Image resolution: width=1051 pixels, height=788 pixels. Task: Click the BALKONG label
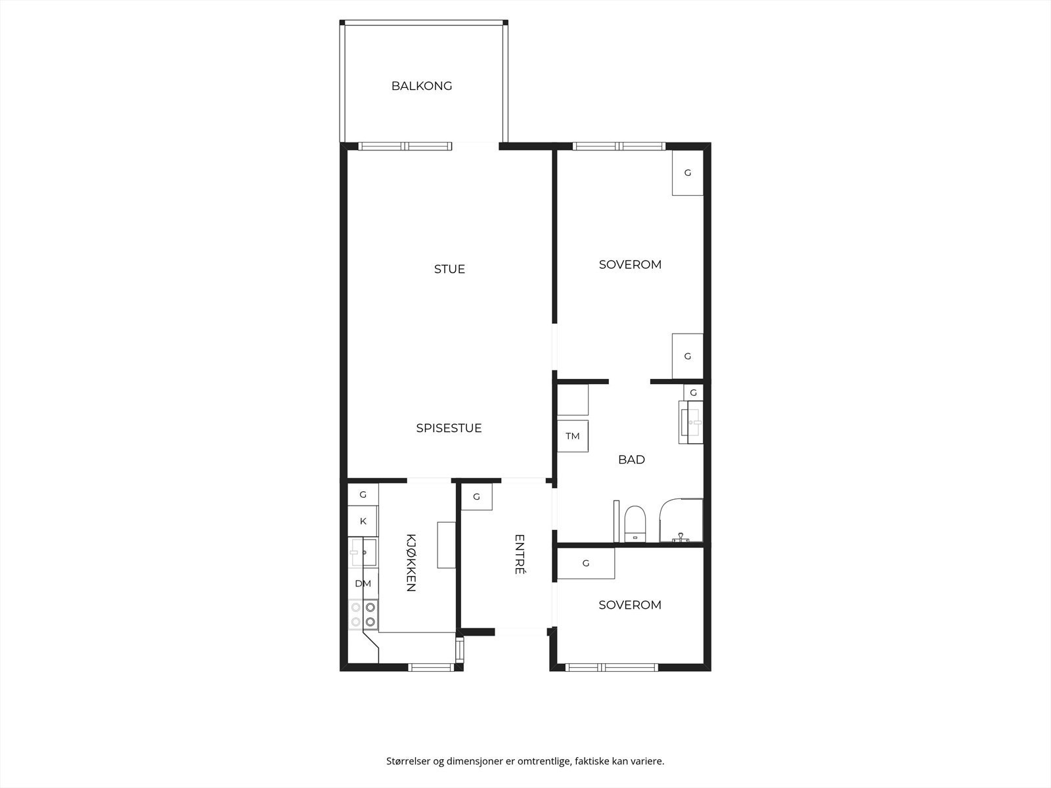tap(422, 86)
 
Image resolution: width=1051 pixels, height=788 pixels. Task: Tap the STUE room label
tap(449, 269)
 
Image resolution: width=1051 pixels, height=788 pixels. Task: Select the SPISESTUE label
tap(449, 428)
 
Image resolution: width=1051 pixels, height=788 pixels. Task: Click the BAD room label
tap(631, 460)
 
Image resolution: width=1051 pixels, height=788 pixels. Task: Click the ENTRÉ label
tap(519, 555)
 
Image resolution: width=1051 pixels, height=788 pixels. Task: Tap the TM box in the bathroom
tap(573, 436)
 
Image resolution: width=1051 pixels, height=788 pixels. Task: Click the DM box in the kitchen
tap(363, 584)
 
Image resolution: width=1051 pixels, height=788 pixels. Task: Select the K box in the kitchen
tap(363, 521)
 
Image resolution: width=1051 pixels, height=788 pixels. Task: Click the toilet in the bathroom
tap(635, 523)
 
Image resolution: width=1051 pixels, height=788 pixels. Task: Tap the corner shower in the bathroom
tap(682, 521)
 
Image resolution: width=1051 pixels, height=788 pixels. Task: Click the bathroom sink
tap(692, 422)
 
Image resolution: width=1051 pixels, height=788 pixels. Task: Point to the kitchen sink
tap(363, 553)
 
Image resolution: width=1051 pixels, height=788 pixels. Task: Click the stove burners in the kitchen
tap(363, 615)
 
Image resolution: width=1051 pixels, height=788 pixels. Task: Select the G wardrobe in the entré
tap(477, 497)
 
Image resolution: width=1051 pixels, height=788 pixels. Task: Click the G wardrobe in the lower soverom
tap(586, 563)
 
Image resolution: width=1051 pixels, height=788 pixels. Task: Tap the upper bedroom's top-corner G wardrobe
tap(688, 173)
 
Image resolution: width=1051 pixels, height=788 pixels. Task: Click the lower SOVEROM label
tap(630, 605)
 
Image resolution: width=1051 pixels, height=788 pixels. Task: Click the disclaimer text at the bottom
tap(525, 762)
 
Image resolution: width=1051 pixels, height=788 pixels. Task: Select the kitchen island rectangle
tap(446, 545)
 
